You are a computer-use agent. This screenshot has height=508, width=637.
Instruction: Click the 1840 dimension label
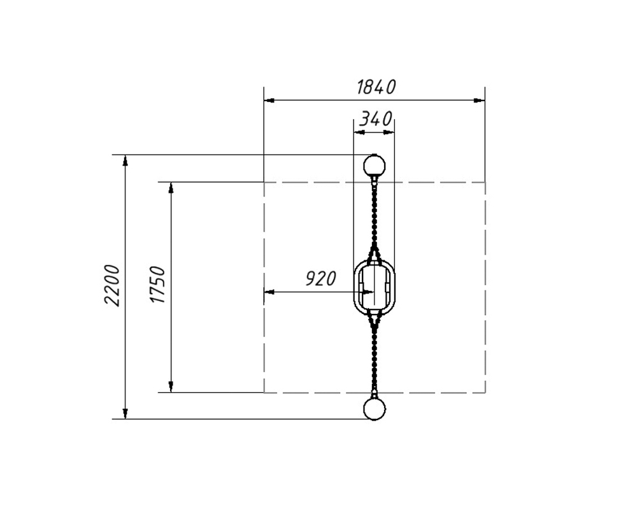(x=376, y=87)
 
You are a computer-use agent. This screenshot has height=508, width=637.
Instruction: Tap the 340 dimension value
(x=376, y=119)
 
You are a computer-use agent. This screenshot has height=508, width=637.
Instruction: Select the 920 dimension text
(x=320, y=279)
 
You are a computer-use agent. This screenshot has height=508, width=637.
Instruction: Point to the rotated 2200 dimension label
(x=112, y=285)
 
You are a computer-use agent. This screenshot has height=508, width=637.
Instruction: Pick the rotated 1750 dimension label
(x=157, y=285)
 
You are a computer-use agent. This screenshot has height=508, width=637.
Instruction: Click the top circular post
(x=374, y=166)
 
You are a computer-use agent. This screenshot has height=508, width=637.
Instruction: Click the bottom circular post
(x=374, y=409)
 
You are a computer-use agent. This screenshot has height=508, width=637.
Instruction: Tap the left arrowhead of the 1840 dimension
(x=269, y=101)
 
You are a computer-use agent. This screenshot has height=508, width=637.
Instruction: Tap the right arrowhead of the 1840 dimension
(x=480, y=101)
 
